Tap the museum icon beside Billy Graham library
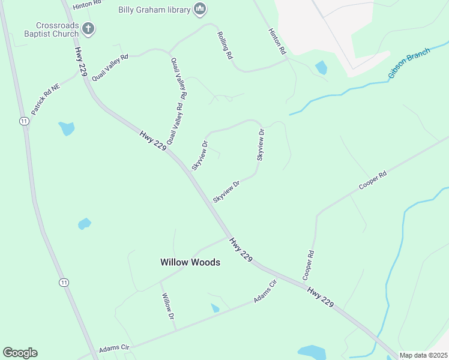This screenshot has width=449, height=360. point(200,9)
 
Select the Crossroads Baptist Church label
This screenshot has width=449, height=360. point(57,30)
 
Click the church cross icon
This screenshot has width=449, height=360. point(88,28)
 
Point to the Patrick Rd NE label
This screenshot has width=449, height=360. point(46,100)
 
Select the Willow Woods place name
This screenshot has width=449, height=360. point(190,262)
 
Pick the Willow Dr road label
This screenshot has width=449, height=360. point(167,306)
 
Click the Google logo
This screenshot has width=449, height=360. point(20,353)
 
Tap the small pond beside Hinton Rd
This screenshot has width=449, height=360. point(322,68)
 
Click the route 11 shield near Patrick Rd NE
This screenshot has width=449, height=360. point(23,121)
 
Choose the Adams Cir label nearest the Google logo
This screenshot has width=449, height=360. point(114,348)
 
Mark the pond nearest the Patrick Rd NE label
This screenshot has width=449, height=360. point(67,128)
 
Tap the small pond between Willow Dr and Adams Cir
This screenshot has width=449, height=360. point(215,308)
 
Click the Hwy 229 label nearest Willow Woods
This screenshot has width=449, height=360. point(241,248)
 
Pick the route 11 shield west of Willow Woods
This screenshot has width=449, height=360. point(64,282)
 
